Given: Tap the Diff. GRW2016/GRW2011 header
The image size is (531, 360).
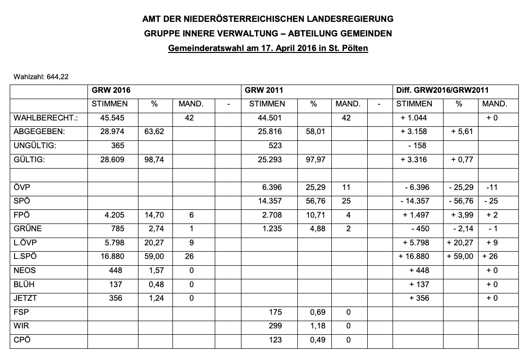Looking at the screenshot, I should (x=443, y=90).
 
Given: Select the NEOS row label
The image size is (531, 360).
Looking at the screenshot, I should (x=25, y=271).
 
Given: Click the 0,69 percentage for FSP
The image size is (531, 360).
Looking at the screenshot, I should (x=317, y=312).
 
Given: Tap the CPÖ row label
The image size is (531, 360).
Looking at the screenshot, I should (x=22, y=340).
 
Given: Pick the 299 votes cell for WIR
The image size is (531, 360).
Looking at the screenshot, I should (x=275, y=326).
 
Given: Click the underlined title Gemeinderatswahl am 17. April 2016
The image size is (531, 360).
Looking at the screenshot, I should (x=268, y=49).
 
